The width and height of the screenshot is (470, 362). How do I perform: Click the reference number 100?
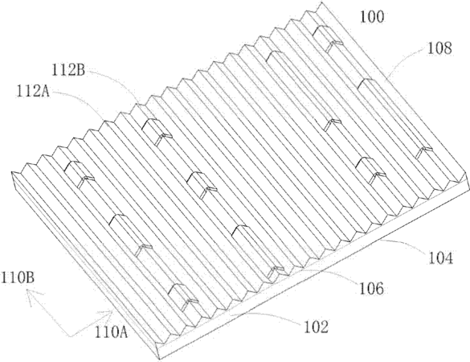tap(372, 17)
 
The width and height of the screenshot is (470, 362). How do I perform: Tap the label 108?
tap(439, 48)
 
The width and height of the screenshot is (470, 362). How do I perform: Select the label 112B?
tap(68, 71)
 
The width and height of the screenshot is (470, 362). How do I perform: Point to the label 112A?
tap(33, 91)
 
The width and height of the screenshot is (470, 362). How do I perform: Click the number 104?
tap(440, 258)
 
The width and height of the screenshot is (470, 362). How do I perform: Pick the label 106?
tap(371, 288)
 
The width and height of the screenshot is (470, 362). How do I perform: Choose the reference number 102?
tap(317, 327)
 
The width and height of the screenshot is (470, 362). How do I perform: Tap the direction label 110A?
tap(111, 332)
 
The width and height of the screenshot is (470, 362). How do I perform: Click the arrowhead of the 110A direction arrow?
tap(111, 312)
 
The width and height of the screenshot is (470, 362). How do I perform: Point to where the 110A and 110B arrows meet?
tap(70, 336)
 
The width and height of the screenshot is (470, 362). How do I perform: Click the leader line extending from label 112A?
tap(81, 99)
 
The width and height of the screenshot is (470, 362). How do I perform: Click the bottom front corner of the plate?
tap(159, 359)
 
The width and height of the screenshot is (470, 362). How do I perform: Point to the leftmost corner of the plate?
tap(11, 172)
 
